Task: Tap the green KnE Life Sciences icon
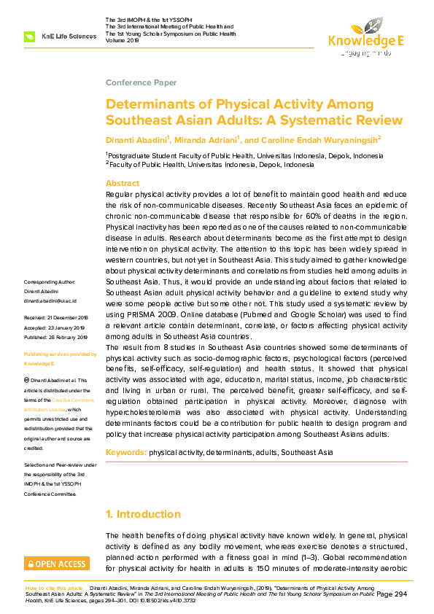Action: click(30, 36)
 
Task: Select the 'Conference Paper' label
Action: click(136, 82)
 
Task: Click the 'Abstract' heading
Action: click(123, 183)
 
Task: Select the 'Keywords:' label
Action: click(126, 452)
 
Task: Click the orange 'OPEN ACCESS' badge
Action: click(57, 564)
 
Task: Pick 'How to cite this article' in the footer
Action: click(54, 587)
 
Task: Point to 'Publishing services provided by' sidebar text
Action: click(60, 354)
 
